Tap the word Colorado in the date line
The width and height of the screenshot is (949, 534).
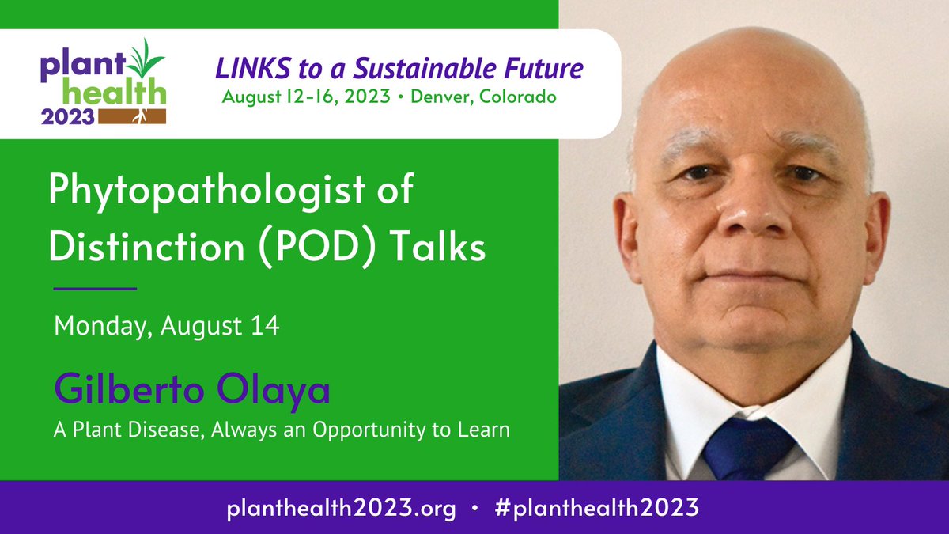pyautogui.click(x=523, y=97)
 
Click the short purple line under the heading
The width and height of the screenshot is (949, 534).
pyautogui.click(x=95, y=288)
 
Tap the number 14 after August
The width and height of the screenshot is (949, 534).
pyautogui.click(x=267, y=326)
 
